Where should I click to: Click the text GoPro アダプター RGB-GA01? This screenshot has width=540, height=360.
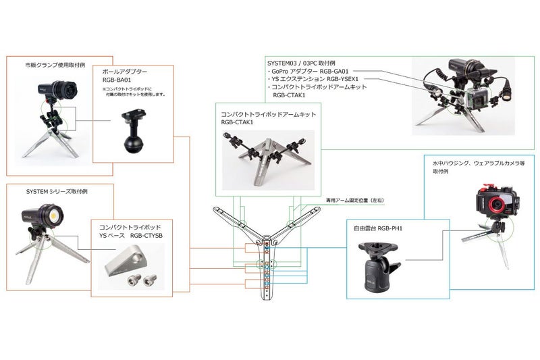[x=308, y=70]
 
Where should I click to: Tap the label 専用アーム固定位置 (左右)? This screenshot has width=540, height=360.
[x=354, y=200]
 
